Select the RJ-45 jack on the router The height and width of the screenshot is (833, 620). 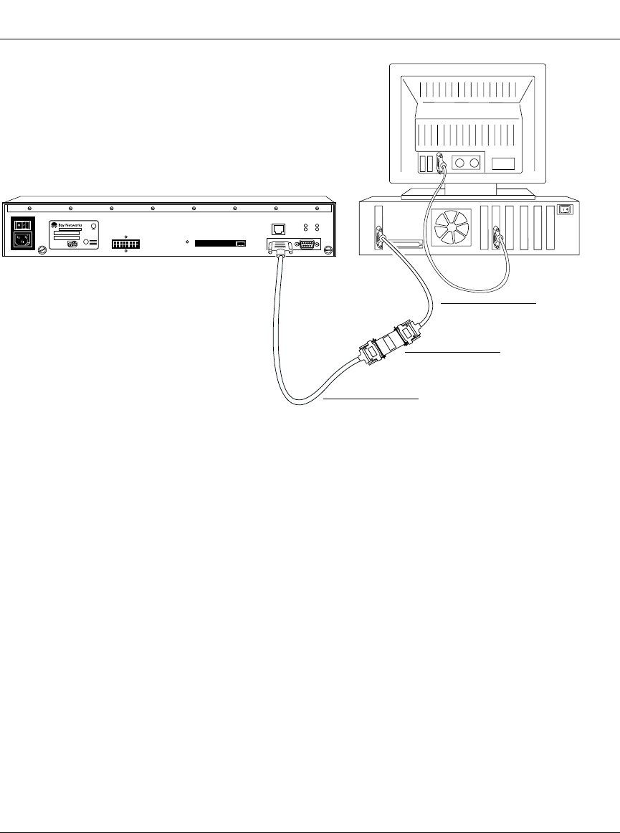[280, 229]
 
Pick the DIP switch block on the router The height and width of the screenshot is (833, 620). [126, 244]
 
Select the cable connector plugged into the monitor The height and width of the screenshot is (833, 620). [441, 164]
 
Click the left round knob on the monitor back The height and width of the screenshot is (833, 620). [459, 163]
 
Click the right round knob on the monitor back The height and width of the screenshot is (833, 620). [474, 163]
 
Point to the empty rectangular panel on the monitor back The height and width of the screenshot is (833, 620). [503, 163]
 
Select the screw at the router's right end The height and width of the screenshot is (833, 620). [328, 249]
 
